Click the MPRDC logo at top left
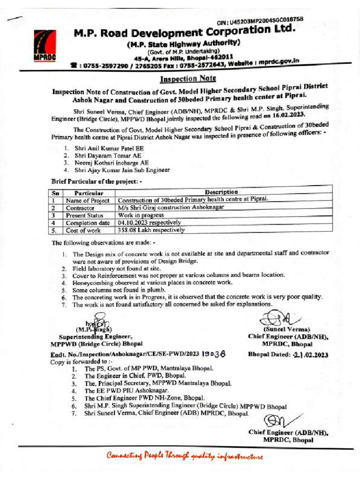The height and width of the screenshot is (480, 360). (45, 45)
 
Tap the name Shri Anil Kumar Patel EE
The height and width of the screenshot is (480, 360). (104, 148)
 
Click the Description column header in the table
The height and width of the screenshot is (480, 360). (221, 192)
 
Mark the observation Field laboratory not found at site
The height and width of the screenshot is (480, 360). (116, 269)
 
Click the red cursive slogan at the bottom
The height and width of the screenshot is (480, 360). (184, 455)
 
